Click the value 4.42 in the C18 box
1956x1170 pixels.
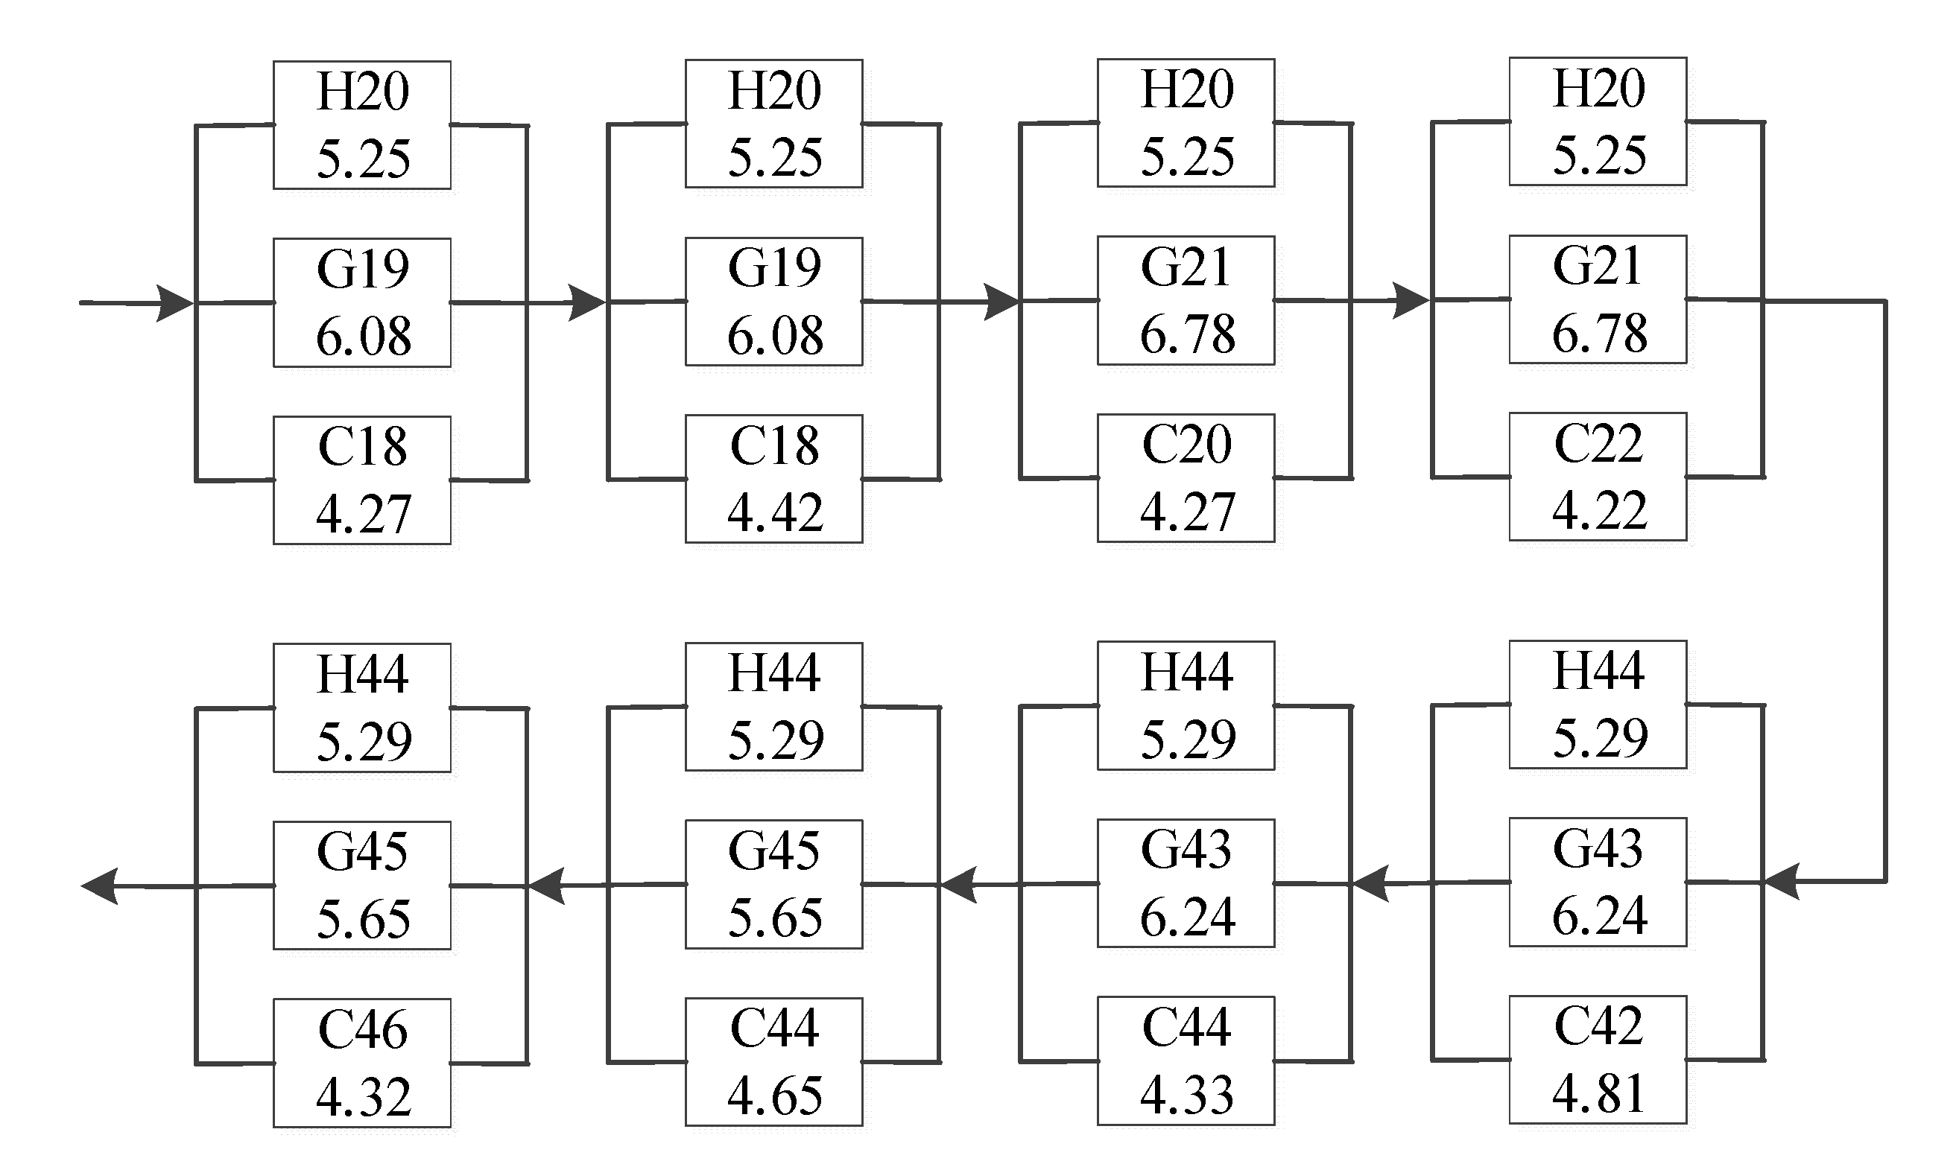click(x=774, y=513)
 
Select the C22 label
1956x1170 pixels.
click(x=1598, y=443)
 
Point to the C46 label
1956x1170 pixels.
click(x=362, y=1030)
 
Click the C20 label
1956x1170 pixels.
click(x=1186, y=445)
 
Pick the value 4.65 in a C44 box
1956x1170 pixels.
click(x=774, y=1096)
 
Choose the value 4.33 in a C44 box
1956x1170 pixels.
click(x=1186, y=1095)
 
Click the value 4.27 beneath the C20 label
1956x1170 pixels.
click(x=1186, y=512)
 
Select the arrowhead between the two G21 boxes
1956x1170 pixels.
click(x=1411, y=300)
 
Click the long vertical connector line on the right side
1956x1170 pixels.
click(x=1885, y=591)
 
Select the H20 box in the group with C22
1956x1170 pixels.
click(x=1598, y=121)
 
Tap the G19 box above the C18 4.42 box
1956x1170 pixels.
click(x=773, y=301)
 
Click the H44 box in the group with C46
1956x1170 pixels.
click(x=362, y=708)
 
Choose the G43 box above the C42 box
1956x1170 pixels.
click(x=1598, y=883)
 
